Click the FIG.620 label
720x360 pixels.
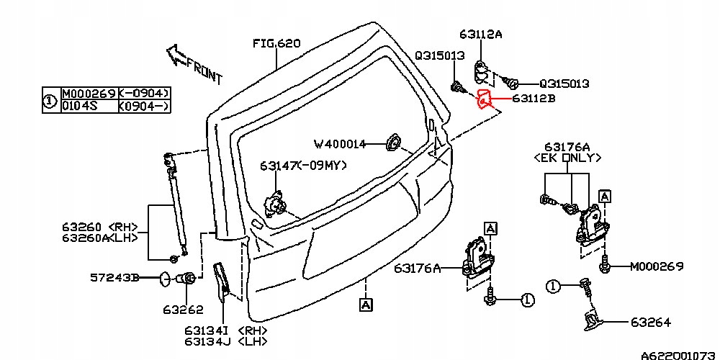276,43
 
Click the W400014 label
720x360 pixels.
339,144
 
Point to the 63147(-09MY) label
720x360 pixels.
303,166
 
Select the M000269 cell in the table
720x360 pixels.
88,94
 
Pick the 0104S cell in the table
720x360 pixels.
80,106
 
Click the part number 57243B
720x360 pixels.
114,276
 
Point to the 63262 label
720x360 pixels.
183,310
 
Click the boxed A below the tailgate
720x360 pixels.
366,305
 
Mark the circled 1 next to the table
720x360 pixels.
49,100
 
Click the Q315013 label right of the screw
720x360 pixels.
564,84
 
